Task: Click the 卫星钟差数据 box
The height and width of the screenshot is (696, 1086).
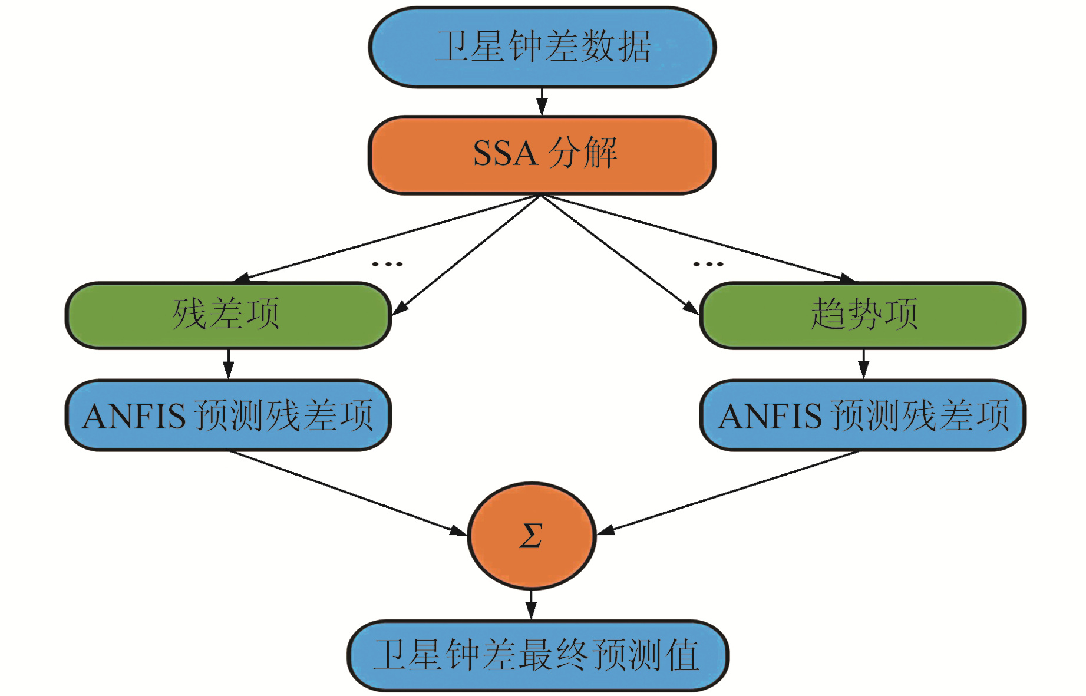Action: [x=542, y=47]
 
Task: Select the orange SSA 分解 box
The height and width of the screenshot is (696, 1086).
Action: [x=542, y=154]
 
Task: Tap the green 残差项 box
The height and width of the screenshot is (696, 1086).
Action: [x=228, y=315]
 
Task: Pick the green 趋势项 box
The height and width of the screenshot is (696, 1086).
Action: [x=863, y=315]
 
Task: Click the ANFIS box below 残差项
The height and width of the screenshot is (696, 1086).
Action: [x=228, y=415]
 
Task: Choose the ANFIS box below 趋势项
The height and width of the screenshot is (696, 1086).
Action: [x=863, y=415]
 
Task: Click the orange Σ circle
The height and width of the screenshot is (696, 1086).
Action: [x=532, y=536]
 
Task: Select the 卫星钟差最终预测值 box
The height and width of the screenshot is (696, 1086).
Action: [x=537, y=655]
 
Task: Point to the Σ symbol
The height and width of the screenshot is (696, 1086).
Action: [x=530, y=536]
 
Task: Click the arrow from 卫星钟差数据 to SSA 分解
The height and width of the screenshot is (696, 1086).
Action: [x=542, y=102]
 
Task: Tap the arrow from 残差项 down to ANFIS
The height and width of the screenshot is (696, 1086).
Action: [x=229, y=364]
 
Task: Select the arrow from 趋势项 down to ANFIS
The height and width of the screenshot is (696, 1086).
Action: [x=863, y=364]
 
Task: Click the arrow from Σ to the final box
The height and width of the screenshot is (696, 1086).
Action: [x=531, y=605]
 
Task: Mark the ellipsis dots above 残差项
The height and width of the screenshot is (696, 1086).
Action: [x=387, y=264]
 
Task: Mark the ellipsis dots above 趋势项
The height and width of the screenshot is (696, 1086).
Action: [x=708, y=264]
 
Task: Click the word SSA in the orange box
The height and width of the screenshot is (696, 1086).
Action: [x=505, y=154]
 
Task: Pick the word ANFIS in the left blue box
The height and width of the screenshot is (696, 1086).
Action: [x=134, y=416]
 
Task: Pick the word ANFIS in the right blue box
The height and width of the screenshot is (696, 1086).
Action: [x=770, y=416]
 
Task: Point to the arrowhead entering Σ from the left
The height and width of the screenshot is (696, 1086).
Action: [x=458, y=531]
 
